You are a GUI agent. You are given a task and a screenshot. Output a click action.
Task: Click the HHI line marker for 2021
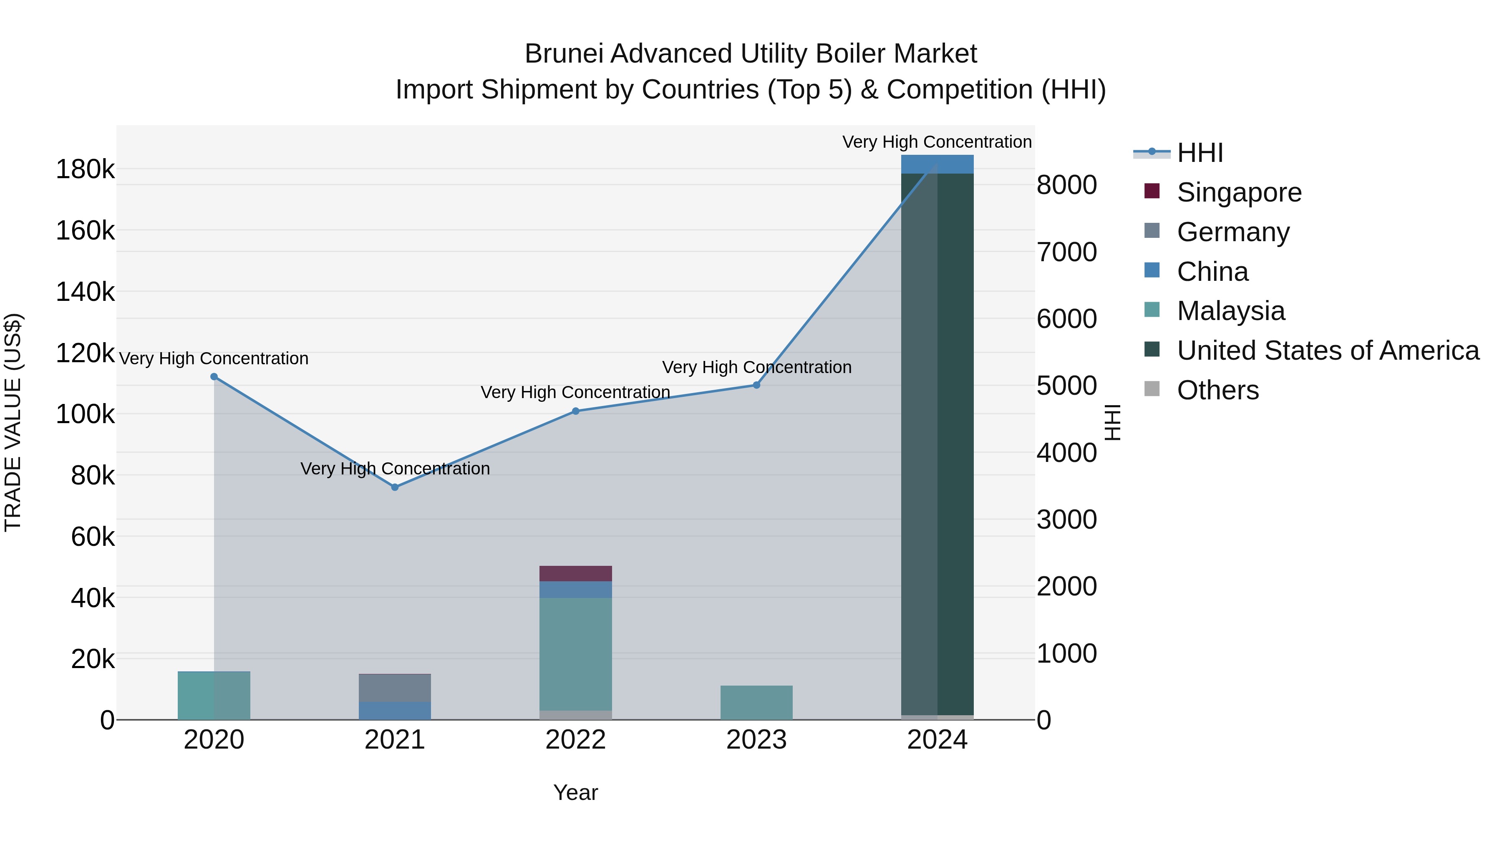point(395,487)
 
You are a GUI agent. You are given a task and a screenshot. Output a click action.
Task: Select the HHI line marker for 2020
point(214,377)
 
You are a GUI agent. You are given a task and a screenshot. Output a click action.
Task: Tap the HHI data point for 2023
point(756,385)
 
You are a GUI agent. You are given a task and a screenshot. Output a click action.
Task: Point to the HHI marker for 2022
point(575,411)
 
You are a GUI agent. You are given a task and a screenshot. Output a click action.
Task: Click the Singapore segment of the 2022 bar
point(575,573)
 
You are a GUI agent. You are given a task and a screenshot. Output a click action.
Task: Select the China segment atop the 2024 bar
point(937,164)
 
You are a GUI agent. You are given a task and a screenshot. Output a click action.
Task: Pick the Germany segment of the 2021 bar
point(395,688)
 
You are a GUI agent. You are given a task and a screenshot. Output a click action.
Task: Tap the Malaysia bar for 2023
point(756,702)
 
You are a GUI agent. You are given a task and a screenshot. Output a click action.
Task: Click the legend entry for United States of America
point(1328,351)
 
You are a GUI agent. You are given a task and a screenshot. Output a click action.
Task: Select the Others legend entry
point(1217,390)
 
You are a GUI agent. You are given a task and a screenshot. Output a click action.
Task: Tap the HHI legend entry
point(1200,153)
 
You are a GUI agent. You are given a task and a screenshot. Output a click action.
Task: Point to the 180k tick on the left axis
point(85,170)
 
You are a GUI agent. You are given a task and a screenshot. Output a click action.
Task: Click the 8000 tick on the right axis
point(1066,185)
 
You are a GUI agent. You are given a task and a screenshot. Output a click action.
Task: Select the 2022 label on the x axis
point(575,740)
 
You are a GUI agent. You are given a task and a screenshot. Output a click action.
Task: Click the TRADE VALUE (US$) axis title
point(13,422)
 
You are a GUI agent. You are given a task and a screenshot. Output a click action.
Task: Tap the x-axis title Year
point(575,792)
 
